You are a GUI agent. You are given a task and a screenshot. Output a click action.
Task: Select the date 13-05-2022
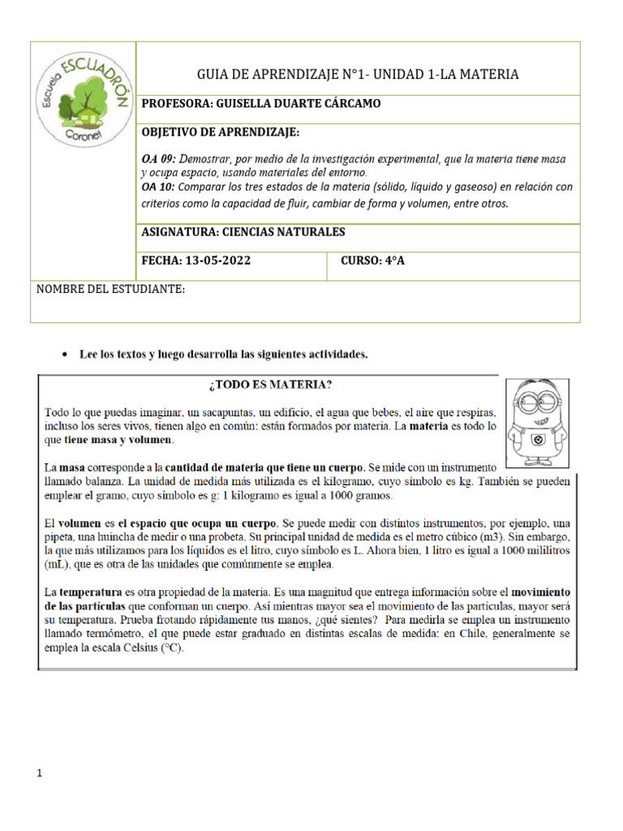pyautogui.click(x=219, y=260)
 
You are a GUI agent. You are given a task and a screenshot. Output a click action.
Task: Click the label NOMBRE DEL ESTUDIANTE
pyautogui.click(x=111, y=290)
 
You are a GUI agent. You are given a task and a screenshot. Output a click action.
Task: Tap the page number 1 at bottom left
pyautogui.click(x=38, y=773)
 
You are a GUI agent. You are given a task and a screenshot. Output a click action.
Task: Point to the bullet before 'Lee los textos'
pyautogui.click(x=64, y=355)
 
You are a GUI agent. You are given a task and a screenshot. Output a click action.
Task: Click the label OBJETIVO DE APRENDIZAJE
pyautogui.click(x=221, y=131)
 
